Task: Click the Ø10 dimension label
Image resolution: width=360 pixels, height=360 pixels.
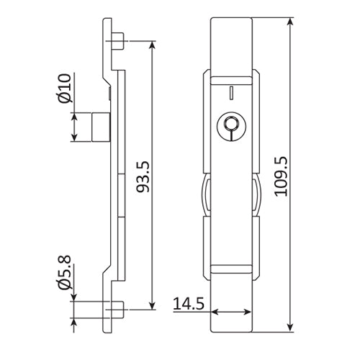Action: point(63,88)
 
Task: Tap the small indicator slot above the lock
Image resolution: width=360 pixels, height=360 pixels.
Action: point(230,92)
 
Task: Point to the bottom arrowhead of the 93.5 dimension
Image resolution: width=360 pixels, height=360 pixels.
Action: point(152,307)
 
